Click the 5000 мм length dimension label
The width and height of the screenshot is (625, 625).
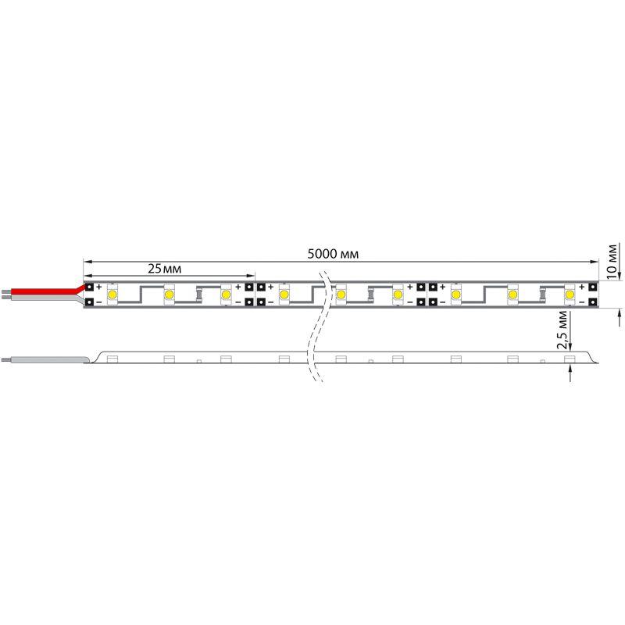333,254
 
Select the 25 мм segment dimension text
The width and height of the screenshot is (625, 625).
165,268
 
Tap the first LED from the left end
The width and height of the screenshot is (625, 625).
112,295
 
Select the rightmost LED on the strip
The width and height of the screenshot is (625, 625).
570,295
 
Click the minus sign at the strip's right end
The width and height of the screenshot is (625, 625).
582,302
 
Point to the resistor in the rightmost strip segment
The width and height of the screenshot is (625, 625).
541,295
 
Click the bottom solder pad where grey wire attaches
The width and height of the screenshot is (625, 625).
89,302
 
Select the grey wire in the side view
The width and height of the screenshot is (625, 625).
47,359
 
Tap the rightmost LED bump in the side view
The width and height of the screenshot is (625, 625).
570,358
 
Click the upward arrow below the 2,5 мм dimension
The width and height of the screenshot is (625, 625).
572,374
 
